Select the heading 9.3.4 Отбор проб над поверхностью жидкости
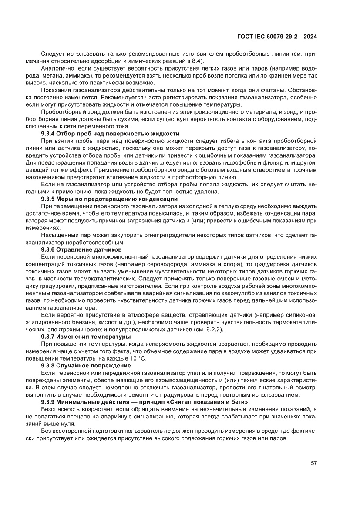pyautogui.click(x=110, y=133)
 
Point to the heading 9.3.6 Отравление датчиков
pyautogui.click(x=81, y=250)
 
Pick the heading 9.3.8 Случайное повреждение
pyautogui.click(x=86, y=366)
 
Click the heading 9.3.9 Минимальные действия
pyautogui.click(x=144, y=402)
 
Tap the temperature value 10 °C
pyautogui.click(x=138, y=358)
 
